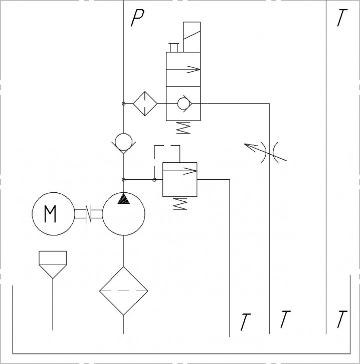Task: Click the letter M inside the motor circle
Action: [50, 214]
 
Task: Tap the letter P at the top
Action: [137, 18]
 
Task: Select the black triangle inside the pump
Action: [123, 198]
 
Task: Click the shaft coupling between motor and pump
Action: [89, 214]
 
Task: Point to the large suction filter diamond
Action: [123, 291]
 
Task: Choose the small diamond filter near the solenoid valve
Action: [145, 103]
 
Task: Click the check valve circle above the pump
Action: [123, 142]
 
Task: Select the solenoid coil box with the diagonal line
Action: [192, 37]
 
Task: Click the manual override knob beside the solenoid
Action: [173, 48]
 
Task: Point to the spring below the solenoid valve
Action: [183, 128]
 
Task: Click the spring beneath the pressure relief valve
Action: [180, 204]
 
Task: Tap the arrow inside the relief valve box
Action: [180, 171]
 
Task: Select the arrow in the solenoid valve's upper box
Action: [184, 69]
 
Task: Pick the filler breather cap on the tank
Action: [53, 265]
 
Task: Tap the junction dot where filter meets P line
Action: [123, 103]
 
